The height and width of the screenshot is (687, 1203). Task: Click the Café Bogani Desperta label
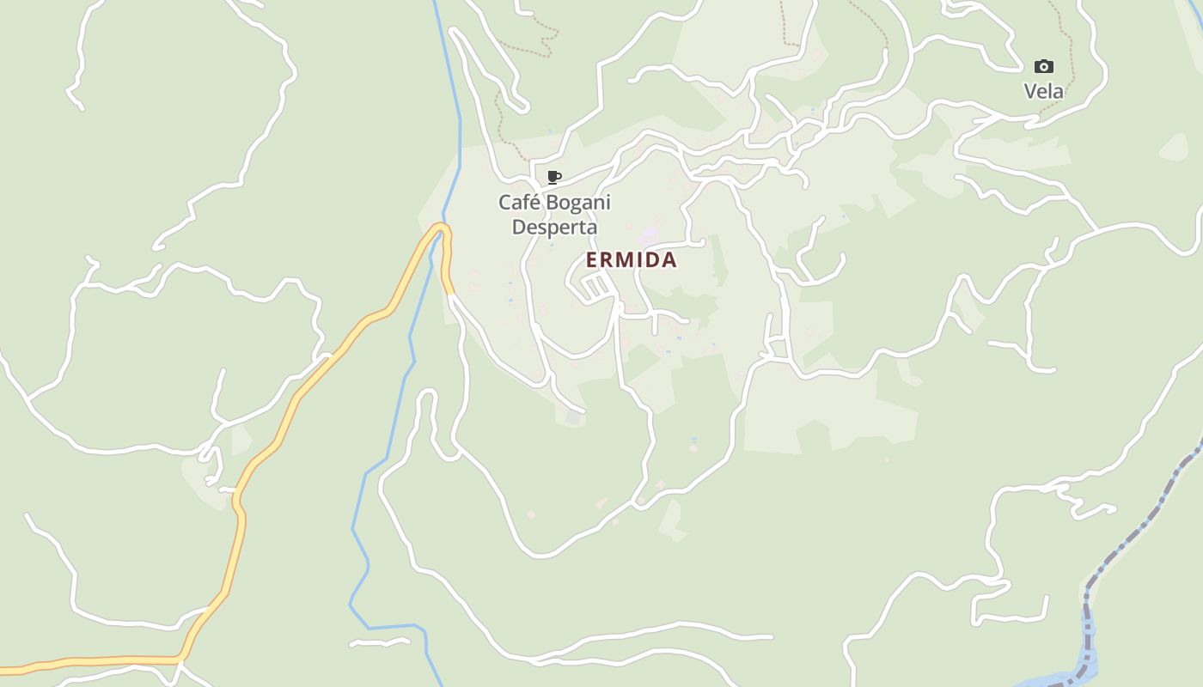point(554,215)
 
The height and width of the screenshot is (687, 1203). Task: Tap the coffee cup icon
point(554,178)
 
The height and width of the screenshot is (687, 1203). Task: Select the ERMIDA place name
point(632,260)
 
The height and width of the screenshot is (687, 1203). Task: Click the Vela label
point(1043,91)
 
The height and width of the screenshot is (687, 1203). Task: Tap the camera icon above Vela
point(1043,67)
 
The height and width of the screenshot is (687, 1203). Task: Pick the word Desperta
point(554,228)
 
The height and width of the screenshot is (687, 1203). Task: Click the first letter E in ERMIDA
point(592,260)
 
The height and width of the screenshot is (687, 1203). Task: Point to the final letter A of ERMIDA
point(669,260)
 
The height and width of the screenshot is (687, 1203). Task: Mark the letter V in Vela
point(1029,91)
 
